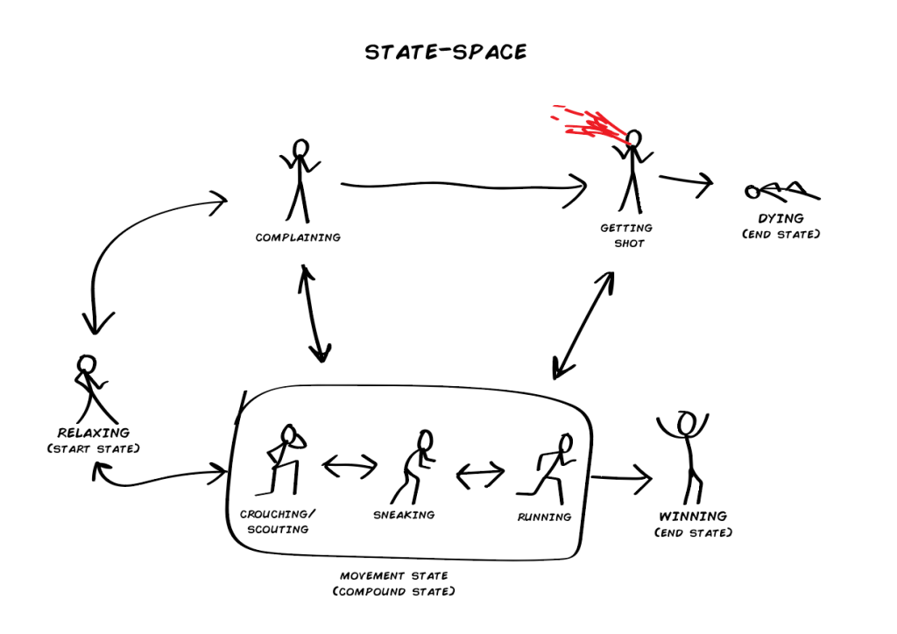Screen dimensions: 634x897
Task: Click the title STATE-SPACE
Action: pos(446,52)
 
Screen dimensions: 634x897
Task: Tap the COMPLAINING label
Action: pos(298,237)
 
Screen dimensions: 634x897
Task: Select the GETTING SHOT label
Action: pos(626,236)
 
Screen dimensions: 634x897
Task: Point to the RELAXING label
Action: pos(93,433)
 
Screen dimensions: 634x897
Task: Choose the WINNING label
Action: pos(693,517)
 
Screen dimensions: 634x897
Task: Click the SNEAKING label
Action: pos(404,515)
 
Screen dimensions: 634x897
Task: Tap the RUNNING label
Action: pos(544,517)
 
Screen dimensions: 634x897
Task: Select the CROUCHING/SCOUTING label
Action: pos(274,522)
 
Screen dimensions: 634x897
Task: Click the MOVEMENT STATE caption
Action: pos(394,576)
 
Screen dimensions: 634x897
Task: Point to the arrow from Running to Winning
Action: pos(621,478)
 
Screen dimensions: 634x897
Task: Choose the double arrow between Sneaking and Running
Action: pos(480,475)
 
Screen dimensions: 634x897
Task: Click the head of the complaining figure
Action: pos(300,147)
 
